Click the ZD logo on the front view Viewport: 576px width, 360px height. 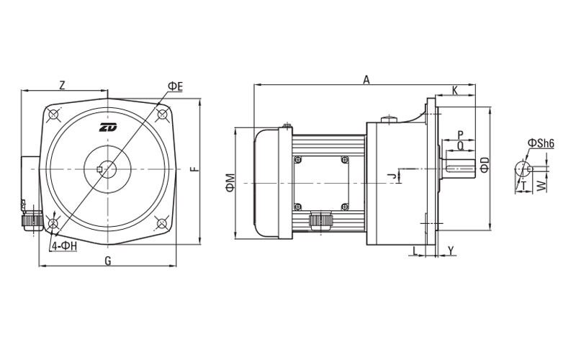pos(107,127)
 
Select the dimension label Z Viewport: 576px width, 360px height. pos(63,85)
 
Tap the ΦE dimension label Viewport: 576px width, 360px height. pos(175,86)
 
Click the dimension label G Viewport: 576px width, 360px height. pos(107,261)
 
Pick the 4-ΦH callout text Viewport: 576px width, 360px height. pos(64,246)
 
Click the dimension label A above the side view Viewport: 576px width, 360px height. pos(366,80)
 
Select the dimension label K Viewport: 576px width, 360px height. pos(455,91)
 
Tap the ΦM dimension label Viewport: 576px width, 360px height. pos(230,183)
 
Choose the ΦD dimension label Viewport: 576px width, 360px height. pos(485,165)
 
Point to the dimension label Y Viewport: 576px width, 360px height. pos(451,251)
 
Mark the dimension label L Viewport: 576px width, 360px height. pos(415,251)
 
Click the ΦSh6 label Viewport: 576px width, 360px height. pos(541,143)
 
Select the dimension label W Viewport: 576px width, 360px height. pos(541,186)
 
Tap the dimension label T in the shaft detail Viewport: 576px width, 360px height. pos(523,186)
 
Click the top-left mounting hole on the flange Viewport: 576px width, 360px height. pos(54,114)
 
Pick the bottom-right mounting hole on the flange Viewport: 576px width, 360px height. pos(161,223)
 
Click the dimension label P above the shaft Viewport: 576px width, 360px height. pos(461,135)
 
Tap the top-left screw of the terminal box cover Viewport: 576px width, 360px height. pos(298,160)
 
